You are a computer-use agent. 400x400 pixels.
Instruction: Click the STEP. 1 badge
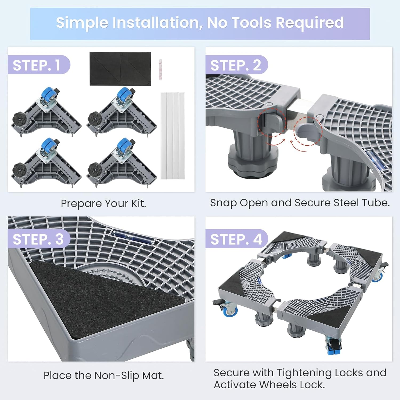[x=39, y=65]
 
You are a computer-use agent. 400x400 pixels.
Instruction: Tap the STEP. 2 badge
[x=237, y=65]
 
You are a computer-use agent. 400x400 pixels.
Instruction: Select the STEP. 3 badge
[x=39, y=239]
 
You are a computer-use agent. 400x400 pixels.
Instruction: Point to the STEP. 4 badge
[x=237, y=239]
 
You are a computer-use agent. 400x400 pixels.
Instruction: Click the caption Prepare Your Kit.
[x=103, y=204]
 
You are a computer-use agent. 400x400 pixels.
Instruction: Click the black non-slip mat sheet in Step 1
[x=120, y=69]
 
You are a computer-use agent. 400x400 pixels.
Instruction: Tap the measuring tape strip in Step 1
[x=161, y=70]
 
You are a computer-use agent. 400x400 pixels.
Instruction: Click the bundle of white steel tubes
[x=173, y=136]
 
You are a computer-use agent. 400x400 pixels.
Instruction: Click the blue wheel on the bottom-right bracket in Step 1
[x=123, y=144]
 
